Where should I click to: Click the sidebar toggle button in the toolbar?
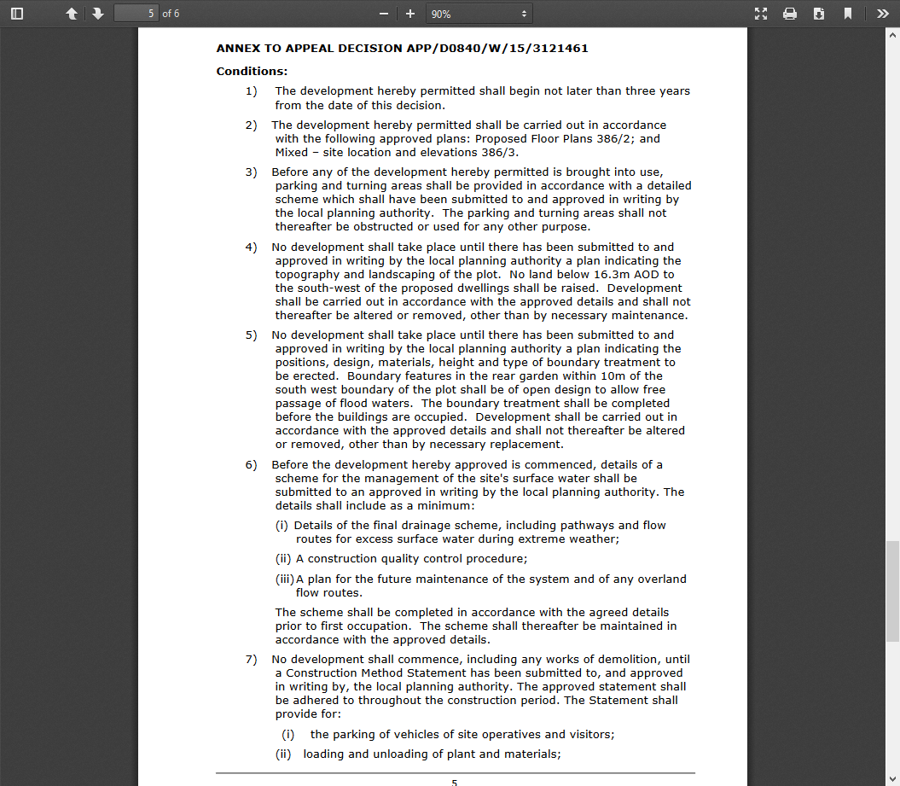[x=17, y=14]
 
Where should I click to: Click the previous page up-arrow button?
[x=72, y=14]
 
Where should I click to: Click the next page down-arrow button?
[x=98, y=14]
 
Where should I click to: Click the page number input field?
[x=136, y=14]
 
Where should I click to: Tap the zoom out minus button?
[x=384, y=14]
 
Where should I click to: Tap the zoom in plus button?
[x=410, y=14]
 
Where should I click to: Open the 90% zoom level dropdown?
[x=479, y=14]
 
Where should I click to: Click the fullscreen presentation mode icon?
[x=762, y=14]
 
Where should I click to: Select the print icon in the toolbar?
[x=790, y=14]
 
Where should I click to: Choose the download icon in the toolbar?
[x=819, y=14]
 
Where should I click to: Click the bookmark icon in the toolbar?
[x=848, y=14]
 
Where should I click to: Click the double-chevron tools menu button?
[x=882, y=14]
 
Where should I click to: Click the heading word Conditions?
[x=252, y=72]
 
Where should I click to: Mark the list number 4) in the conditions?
[x=251, y=247]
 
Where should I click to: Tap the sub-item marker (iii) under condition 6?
[x=284, y=579]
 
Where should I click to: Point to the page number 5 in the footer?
[x=455, y=782]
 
